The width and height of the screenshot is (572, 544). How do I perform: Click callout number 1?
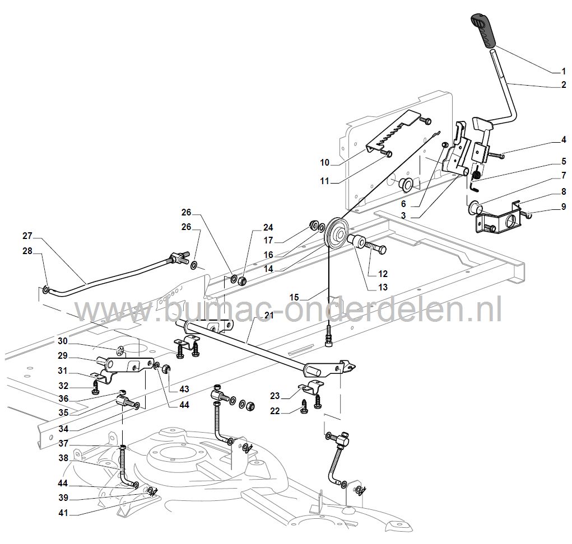click(x=564, y=71)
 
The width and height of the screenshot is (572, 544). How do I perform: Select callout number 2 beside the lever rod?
click(x=564, y=85)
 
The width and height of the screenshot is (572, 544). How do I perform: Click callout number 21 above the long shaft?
click(x=268, y=317)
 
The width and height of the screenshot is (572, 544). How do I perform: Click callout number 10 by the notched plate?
click(x=325, y=163)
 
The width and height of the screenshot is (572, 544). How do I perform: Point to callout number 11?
click(x=325, y=181)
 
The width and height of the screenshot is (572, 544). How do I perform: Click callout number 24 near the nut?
click(x=269, y=227)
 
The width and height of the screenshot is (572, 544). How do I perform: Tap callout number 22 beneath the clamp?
click(x=291, y=410)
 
